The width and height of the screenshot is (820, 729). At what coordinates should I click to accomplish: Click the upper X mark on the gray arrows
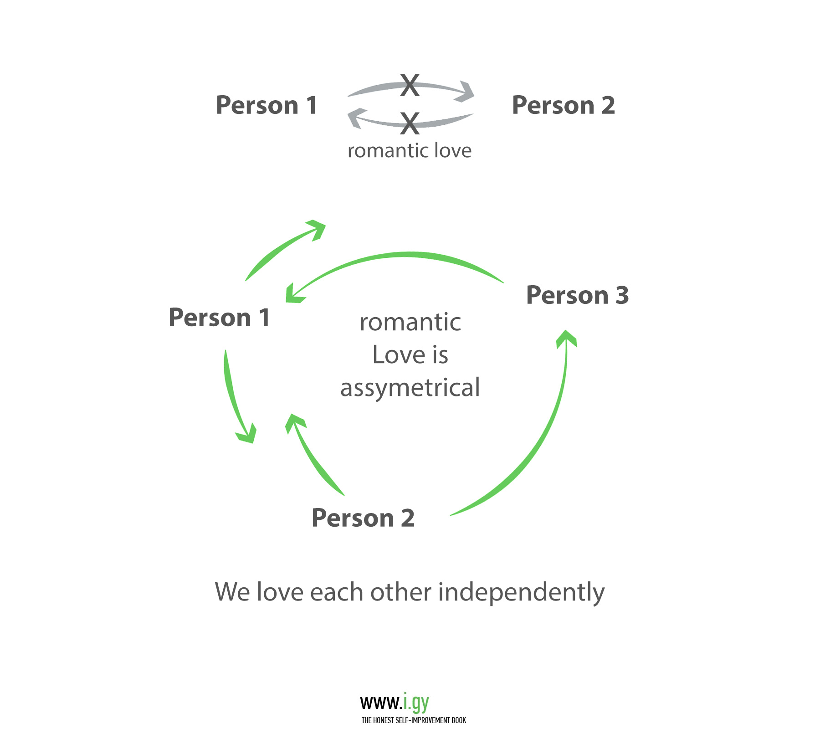click(x=410, y=85)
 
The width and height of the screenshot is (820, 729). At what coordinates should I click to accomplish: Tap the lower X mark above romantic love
click(x=410, y=123)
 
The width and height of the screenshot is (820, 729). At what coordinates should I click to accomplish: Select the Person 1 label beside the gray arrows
click(x=266, y=105)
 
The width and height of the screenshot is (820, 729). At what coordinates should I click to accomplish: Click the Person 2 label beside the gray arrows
click(x=564, y=105)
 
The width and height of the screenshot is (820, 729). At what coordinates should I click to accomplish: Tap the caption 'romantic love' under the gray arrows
click(x=410, y=151)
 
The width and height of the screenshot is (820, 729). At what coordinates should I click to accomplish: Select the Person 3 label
click(x=577, y=295)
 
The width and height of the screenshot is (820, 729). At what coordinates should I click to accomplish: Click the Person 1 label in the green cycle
click(x=219, y=318)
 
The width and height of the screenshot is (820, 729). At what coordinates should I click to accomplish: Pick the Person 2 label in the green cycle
click(x=363, y=518)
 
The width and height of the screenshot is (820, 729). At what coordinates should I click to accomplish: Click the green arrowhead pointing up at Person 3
click(x=566, y=338)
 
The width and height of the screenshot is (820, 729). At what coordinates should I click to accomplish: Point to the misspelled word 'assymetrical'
click(x=410, y=388)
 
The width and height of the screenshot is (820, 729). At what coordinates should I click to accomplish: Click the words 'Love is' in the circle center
click(x=410, y=355)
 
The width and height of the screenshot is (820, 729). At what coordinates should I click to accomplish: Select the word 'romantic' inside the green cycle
click(x=410, y=323)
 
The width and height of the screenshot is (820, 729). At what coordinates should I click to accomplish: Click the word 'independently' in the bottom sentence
click(x=521, y=592)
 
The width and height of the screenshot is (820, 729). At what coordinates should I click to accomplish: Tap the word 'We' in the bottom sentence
click(x=232, y=592)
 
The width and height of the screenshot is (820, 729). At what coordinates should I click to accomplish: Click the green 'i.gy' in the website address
click(x=416, y=703)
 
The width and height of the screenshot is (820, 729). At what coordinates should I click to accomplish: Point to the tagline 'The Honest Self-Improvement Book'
click(x=414, y=720)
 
